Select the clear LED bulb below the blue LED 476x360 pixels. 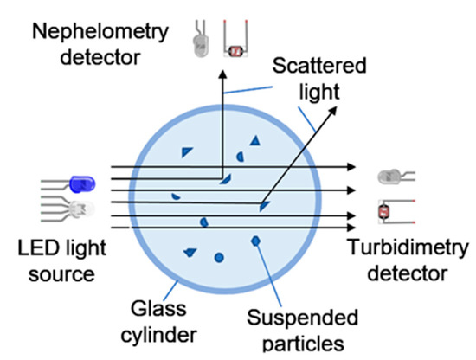tap(80, 208)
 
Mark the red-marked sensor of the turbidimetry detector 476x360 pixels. tap(387, 210)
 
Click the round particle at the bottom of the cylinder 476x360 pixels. tap(219, 257)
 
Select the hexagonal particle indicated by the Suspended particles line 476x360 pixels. tap(255, 239)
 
